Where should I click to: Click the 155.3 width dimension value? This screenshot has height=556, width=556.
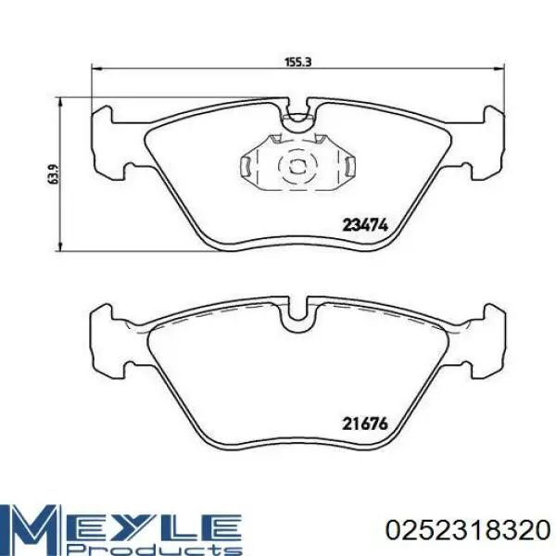coord(298,62)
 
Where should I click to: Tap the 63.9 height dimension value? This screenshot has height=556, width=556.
coord(53,174)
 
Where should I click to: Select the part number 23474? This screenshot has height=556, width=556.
coord(365,225)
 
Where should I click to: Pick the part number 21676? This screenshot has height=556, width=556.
coord(365,424)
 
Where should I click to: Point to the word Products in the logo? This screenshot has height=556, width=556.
coord(158,549)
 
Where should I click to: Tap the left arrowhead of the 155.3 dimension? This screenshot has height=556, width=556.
coord(96,69)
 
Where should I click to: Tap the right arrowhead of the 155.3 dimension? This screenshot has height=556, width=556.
coord(499,69)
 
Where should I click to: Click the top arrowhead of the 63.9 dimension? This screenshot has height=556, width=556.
coord(61,103)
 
